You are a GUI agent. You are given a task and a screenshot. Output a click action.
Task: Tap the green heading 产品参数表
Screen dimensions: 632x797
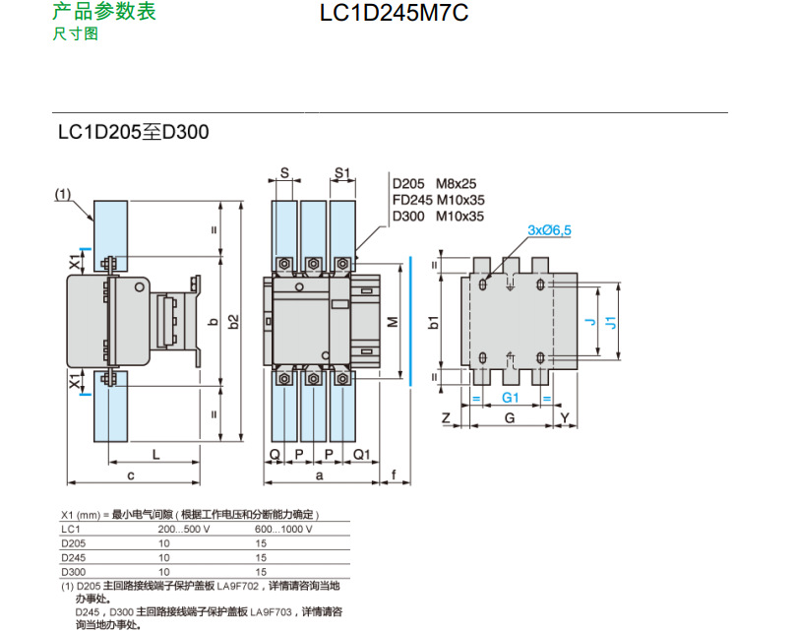[x=103, y=13]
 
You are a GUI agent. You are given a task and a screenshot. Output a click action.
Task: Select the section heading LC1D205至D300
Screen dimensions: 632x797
[x=133, y=131]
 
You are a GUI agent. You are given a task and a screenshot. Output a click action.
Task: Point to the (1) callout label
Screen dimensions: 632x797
[x=64, y=195]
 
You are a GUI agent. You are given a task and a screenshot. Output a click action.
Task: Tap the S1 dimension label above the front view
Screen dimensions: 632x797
[x=342, y=173]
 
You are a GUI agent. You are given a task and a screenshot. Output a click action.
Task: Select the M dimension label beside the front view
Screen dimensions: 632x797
[x=391, y=322]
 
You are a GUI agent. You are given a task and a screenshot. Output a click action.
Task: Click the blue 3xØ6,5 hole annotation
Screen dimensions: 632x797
[x=549, y=229]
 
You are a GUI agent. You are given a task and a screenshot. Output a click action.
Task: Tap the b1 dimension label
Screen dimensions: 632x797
[x=434, y=321]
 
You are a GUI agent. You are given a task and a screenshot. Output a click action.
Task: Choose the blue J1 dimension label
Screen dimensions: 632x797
[x=610, y=322]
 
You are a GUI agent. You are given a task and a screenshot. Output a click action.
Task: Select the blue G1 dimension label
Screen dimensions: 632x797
[x=510, y=398]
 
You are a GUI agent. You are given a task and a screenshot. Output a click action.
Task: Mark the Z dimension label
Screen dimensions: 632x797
[x=446, y=418]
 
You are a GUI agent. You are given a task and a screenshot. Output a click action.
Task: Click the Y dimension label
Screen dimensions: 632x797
[x=564, y=418]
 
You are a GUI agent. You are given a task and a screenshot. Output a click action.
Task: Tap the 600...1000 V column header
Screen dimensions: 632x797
[x=283, y=529]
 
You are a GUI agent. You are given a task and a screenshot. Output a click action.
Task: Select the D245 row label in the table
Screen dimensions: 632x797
[x=73, y=556]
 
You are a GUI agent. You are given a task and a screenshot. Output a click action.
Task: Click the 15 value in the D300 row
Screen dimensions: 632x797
[x=261, y=571]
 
